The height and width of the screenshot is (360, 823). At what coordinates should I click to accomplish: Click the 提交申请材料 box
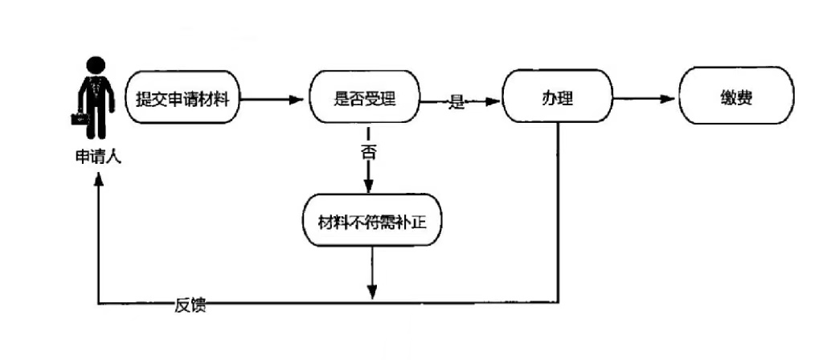[183, 100]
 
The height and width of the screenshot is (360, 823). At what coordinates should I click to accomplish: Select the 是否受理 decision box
[365, 100]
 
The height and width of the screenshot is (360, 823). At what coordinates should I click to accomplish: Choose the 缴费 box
[736, 100]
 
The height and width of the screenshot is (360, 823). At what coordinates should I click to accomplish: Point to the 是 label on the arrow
[457, 101]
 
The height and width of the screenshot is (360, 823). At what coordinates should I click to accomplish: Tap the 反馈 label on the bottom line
[190, 305]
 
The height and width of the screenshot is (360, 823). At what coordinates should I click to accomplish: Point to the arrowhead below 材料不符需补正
[371, 294]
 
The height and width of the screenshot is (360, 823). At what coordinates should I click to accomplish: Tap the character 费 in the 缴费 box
[745, 100]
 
